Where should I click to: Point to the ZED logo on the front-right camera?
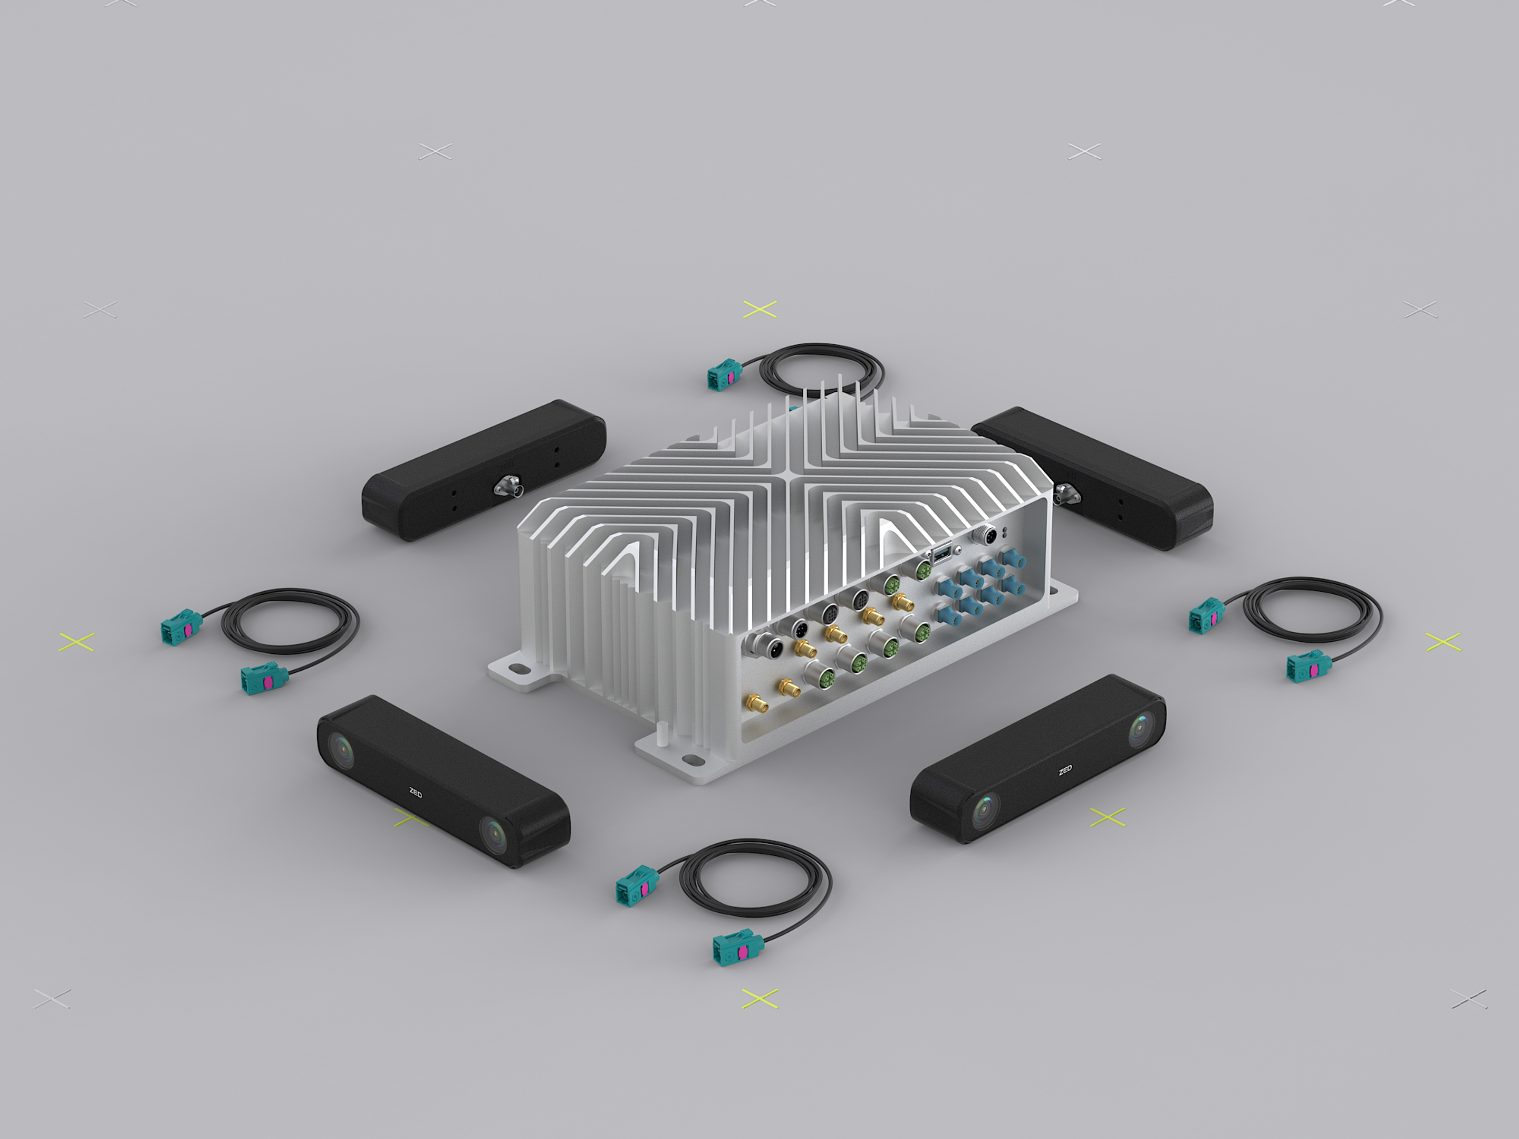[1065, 770]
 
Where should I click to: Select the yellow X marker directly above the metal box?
[759, 309]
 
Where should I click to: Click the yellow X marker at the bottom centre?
[759, 998]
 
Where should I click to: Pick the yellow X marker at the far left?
[77, 642]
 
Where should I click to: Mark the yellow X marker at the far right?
[1443, 642]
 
